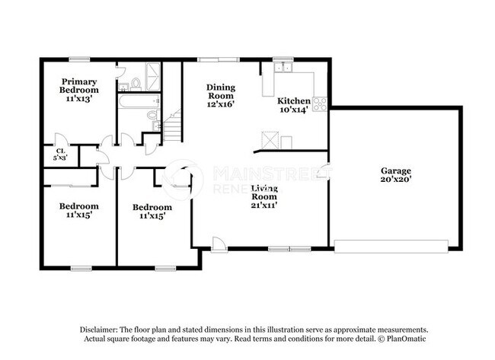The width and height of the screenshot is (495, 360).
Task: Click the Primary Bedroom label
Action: [x=79, y=89]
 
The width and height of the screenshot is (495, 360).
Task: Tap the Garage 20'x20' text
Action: [x=396, y=176]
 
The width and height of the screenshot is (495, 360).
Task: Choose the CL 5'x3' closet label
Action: [x=59, y=154]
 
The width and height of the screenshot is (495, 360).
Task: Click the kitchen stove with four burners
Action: [x=320, y=104]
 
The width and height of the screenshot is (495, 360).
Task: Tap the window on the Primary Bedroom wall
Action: [x=78, y=59]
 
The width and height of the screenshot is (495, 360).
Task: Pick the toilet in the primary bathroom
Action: [x=136, y=83]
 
